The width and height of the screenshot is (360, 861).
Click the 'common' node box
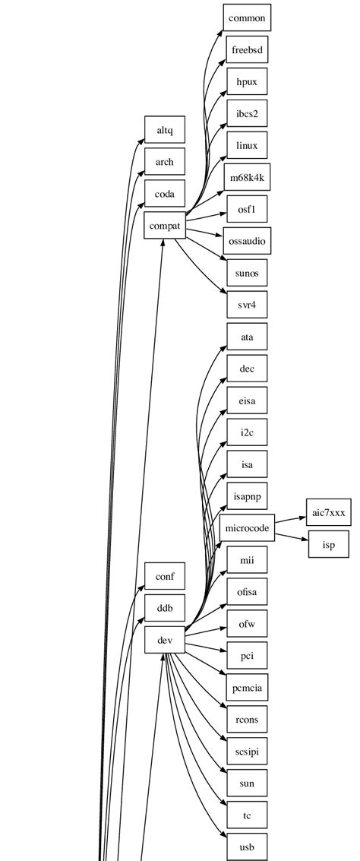click(247, 18)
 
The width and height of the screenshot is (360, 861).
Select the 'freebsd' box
click(247, 50)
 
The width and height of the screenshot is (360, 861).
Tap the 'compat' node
click(165, 226)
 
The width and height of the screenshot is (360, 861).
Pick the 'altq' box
click(165, 131)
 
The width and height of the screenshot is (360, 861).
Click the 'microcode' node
click(247, 528)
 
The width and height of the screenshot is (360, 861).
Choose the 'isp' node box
click(328, 545)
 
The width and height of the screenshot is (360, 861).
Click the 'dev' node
click(165, 640)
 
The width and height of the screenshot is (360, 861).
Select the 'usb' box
click(247, 847)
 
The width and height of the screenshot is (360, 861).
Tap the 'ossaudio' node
click(247, 241)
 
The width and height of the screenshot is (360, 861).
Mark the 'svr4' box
click(247, 305)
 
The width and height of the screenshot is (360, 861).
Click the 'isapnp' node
click(247, 496)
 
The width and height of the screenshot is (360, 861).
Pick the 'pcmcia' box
click(247, 688)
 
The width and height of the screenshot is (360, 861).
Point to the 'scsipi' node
click(247, 751)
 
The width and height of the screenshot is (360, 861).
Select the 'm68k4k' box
click(247, 177)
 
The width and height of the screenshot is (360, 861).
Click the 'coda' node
click(165, 194)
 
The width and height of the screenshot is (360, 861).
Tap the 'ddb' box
click(165, 608)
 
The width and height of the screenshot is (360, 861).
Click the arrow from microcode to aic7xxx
click(290, 521)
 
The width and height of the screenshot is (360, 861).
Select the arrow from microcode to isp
click(292, 537)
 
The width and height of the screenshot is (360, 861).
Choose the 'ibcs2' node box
click(247, 114)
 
